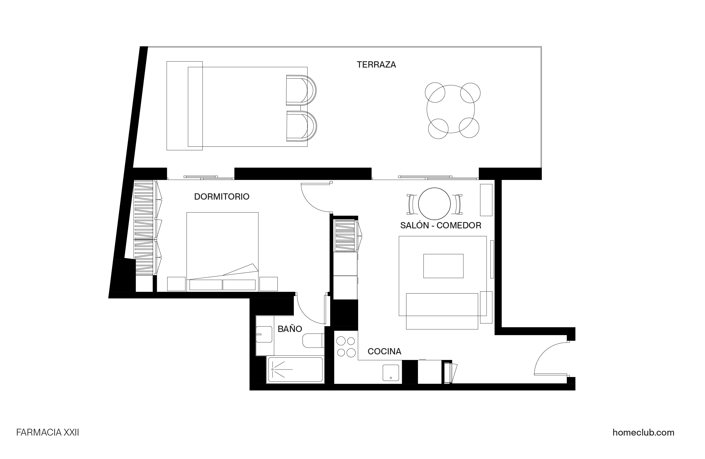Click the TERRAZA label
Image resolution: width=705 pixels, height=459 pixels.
pyautogui.click(x=376, y=65)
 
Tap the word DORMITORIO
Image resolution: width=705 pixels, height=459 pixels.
pyautogui.click(x=221, y=197)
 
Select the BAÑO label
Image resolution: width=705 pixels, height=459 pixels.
pyautogui.click(x=290, y=329)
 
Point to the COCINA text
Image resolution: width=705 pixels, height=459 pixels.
pyautogui.click(x=384, y=351)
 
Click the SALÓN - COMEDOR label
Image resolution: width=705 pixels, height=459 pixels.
pyautogui.click(x=440, y=226)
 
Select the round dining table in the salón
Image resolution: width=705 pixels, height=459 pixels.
pyautogui.click(x=434, y=204)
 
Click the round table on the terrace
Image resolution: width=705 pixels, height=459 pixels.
pyautogui.click(x=450, y=109)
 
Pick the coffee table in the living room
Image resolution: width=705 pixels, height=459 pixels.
pyautogui.click(x=443, y=266)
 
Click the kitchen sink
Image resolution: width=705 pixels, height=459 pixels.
pyautogui.click(x=390, y=373)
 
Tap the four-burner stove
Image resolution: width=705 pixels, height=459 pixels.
pyautogui.click(x=346, y=347)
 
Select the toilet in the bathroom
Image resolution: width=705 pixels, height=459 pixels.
pyautogui.click(x=313, y=341)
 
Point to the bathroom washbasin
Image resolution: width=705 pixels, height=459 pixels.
pyautogui.click(x=264, y=334)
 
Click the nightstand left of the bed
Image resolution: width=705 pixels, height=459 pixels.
pyautogui.click(x=176, y=284)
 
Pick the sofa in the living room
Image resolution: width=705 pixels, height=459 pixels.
pyautogui.click(x=442, y=311)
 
